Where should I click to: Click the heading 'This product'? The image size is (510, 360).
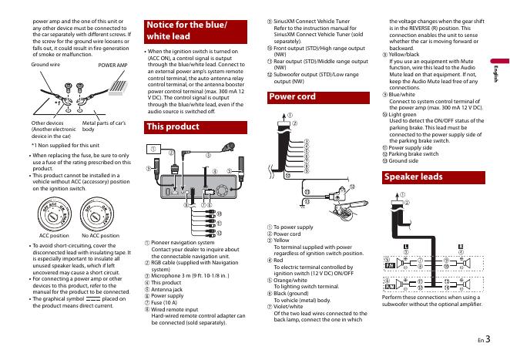pyautogui.click(x=173, y=126)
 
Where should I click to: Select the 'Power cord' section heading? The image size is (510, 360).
pyautogui.click(x=293, y=97)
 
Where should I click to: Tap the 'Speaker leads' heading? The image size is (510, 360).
pyautogui.click(x=414, y=177)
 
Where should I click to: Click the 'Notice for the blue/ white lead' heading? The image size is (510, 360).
pyautogui.click(x=187, y=30)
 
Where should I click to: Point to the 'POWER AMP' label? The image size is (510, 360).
pyautogui.click(x=112, y=67)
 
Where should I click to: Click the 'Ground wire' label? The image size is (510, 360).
pyautogui.click(x=45, y=67)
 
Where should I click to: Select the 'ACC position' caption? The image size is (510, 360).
pyautogui.click(x=55, y=235)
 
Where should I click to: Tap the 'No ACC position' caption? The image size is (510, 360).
pyautogui.click(x=100, y=235)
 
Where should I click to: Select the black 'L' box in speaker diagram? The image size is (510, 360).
pyautogui.click(x=404, y=244)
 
